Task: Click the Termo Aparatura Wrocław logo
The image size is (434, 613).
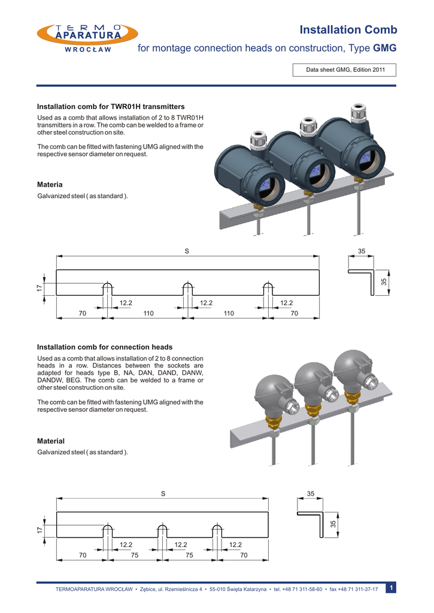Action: point(87,39)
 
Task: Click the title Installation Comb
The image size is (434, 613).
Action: point(347,30)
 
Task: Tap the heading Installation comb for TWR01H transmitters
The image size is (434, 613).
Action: point(111,106)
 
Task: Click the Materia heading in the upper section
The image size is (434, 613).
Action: point(50,184)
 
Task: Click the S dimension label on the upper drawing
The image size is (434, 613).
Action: point(187,251)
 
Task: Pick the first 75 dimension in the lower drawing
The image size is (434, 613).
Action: point(135,556)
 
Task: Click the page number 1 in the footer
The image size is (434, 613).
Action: point(390,588)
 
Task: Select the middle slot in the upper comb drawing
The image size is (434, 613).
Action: point(188,288)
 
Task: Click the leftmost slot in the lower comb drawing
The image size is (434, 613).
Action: point(107,530)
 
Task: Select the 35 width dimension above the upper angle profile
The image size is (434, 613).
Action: point(362,251)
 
